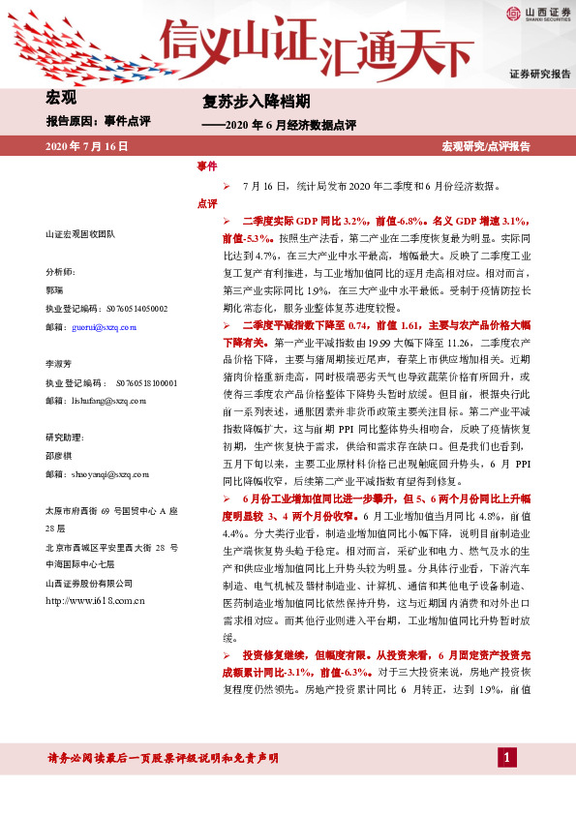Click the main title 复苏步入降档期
pos(256,101)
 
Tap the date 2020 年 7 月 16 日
pos(87,146)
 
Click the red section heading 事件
pos(207,166)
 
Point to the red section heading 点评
pos(207,203)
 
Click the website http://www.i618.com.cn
pos(95,601)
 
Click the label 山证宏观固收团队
pos(80,235)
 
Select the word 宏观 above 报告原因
pos(62,97)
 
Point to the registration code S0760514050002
pos(133,309)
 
